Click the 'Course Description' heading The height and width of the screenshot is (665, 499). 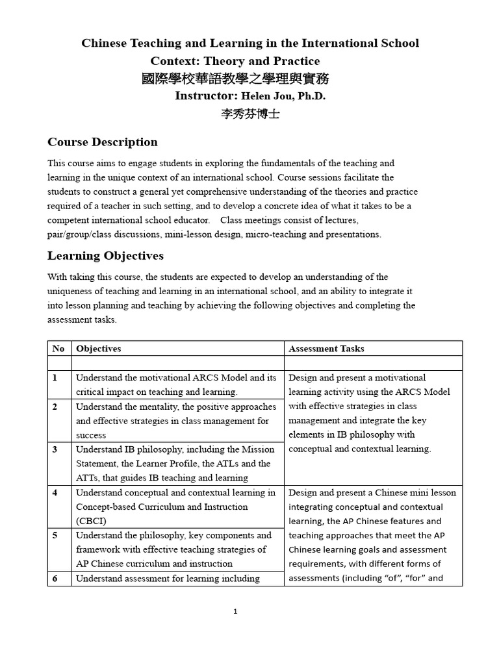click(103, 142)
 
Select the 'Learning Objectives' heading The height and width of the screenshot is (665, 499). click(105, 256)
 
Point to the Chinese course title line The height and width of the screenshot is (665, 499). click(235, 79)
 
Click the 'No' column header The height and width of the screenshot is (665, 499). click(58, 349)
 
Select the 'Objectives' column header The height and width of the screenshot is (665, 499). click(98, 349)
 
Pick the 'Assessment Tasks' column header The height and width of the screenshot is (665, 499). click(326, 349)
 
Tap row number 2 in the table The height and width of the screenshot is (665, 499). click(55, 407)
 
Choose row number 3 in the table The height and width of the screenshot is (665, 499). click(55, 449)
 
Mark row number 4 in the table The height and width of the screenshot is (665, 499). click(55, 493)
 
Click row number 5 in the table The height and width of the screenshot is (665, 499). click(55, 536)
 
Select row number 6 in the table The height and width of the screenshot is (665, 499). click(55, 579)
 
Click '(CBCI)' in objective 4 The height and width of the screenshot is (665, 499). click(91, 521)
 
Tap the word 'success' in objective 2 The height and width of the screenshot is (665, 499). click(91, 435)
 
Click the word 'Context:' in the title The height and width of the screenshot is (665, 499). click(175, 61)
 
